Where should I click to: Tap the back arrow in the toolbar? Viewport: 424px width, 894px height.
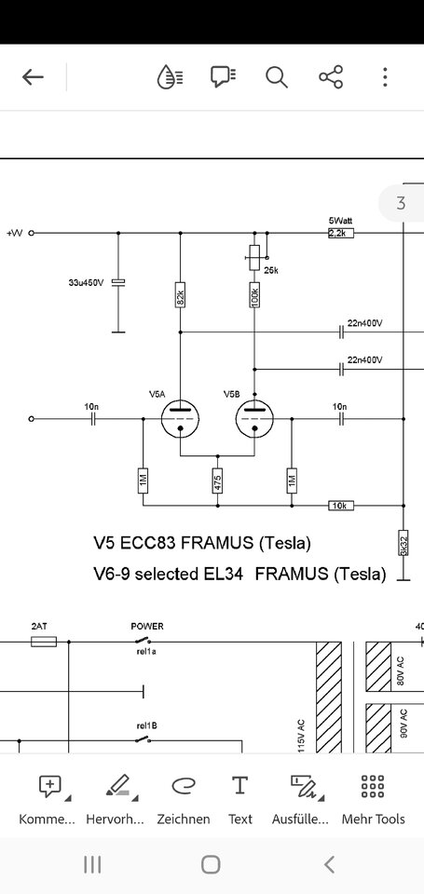[34, 77]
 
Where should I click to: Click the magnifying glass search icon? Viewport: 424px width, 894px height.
[276, 77]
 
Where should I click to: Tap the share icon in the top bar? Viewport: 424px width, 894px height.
[331, 77]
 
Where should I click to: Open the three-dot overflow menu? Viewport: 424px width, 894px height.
[385, 77]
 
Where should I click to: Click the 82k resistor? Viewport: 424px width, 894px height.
[180, 295]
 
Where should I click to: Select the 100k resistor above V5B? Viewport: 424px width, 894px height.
[254, 295]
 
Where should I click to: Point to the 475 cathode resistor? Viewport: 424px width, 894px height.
[217, 481]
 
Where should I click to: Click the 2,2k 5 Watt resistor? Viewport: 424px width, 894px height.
[341, 233]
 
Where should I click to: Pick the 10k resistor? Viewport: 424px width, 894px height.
[341, 505]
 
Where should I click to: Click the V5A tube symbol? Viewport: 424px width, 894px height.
[181, 419]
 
